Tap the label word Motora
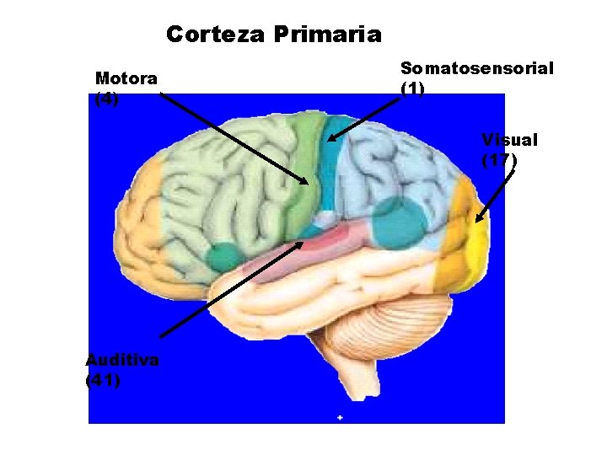pyautogui.click(x=126, y=79)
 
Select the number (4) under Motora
pyautogui.click(x=107, y=99)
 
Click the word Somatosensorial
pyautogui.click(x=476, y=68)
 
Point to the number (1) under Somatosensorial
pyautogui.click(x=412, y=88)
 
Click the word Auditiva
pyautogui.click(x=122, y=360)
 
